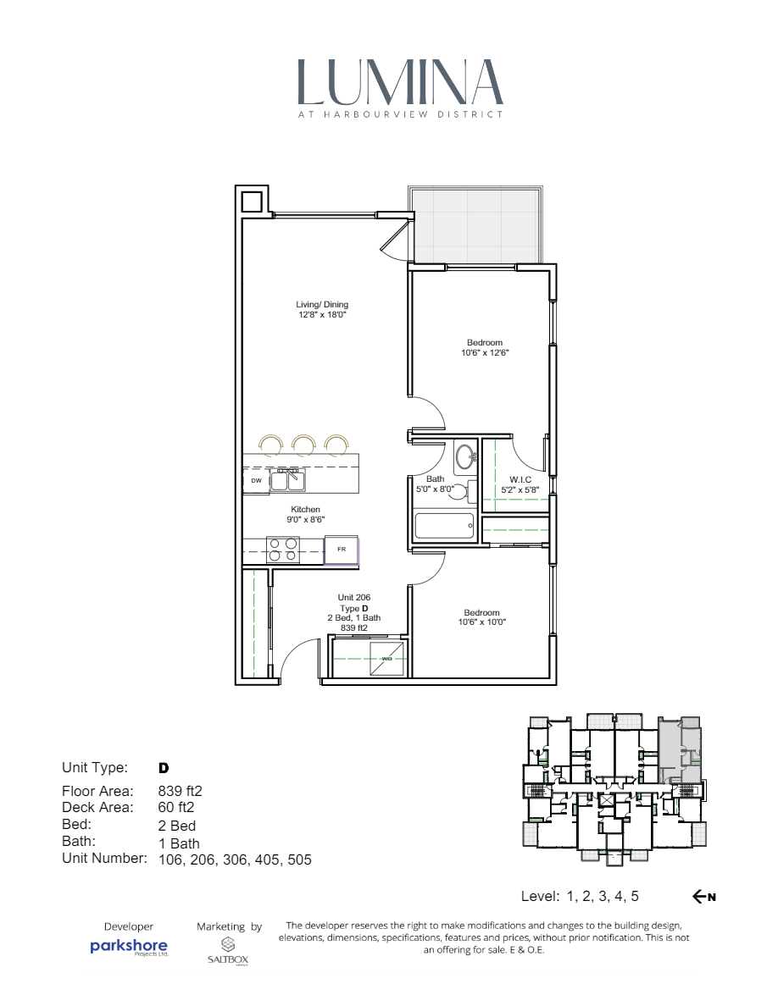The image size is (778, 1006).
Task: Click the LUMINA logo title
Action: [400, 82]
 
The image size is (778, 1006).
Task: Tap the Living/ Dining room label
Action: [322, 305]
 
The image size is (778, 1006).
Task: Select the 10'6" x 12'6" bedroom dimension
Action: [485, 353]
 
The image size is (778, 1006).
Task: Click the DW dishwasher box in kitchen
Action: [256, 481]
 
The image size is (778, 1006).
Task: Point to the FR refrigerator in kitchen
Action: [342, 550]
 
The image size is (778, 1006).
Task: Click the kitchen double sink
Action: [287, 479]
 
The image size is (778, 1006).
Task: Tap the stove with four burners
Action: [283, 550]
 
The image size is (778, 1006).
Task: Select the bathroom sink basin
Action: [466, 457]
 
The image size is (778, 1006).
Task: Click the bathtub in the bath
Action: [444, 526]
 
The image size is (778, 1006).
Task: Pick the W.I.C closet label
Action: [520, 479]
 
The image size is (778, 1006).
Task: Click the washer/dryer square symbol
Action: [387, 658]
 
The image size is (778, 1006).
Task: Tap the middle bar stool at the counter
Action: [303, 444]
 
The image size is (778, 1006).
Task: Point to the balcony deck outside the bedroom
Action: [475, 224]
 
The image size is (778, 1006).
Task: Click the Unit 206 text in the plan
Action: [354, 597]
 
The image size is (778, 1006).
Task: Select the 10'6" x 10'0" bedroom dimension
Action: [482, 622]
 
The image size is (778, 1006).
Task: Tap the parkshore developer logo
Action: [129, 947]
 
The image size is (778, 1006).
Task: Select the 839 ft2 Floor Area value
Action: [180, 791]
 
